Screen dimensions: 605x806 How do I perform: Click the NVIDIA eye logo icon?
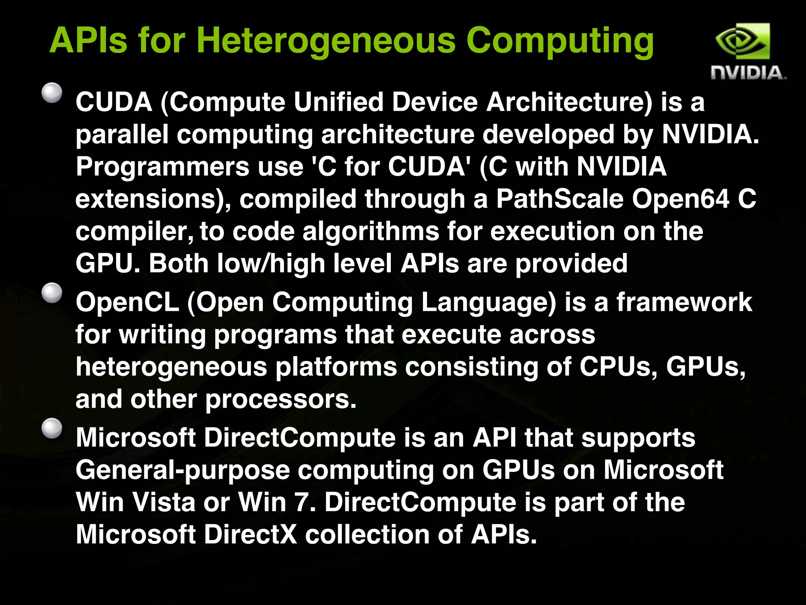point(742,41)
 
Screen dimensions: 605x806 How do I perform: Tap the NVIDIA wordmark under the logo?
point(748,73)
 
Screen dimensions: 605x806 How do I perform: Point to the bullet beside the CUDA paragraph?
point(52,93)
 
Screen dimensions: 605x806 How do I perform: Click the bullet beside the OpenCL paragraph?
point(52,293)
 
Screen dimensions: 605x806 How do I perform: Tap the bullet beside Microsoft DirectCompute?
point(52,429)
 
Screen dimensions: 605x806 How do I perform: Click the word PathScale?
point(560,199)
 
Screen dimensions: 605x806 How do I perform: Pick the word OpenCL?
point(127,302)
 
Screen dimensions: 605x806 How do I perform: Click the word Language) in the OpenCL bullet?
point(488,302)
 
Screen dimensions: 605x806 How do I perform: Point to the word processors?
point(281,399)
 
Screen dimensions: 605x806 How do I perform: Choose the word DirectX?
point(250,534)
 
